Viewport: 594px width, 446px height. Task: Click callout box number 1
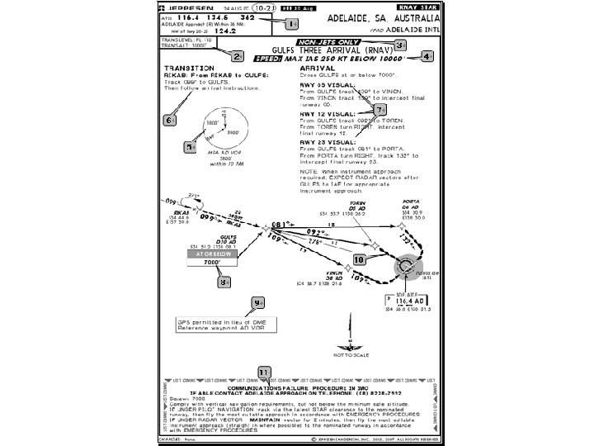(x=294, y=25)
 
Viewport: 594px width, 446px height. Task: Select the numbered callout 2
(x=237, y=56)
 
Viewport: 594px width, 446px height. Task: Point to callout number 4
(x=426, y=57)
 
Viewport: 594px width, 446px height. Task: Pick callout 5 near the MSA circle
(x=190, y=147)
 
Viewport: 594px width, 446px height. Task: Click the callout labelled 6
(x=169, y=120)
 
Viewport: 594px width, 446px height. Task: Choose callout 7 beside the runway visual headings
(x=379, y=109)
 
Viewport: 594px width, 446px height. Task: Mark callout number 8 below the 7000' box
(x=224, y=282)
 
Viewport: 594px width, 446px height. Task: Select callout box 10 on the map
(x=359, y=259)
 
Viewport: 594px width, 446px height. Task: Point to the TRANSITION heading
(x=186, y=68)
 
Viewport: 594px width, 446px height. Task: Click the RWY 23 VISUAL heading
(x=323, y=141)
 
